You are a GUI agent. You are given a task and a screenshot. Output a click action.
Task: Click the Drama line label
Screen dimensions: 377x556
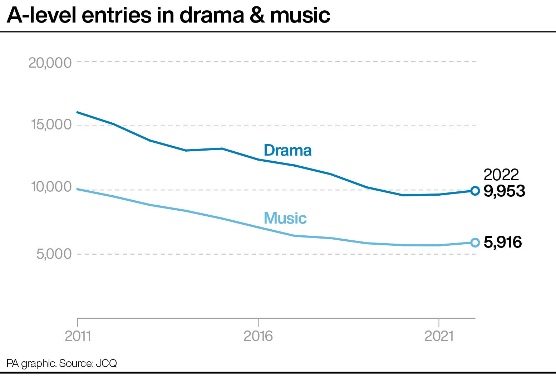click(287, 151)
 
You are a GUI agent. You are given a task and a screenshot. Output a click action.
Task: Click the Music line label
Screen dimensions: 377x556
click(285, 218)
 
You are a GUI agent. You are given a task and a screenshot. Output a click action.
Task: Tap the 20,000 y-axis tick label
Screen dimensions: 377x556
click(50, 63)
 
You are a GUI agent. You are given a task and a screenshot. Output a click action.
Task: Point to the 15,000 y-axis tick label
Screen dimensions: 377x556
click(51, 125)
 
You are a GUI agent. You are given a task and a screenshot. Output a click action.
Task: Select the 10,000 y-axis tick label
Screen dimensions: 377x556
click(51, 187)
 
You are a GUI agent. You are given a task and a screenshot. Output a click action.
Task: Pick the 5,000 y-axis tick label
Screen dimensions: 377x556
click(54, 254)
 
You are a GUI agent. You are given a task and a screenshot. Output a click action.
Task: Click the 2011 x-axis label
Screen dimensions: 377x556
click(78, 336)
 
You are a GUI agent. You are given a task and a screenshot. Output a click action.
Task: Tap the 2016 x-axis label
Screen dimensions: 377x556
click(258, 336)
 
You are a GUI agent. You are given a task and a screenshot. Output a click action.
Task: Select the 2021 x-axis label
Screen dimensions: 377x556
click(439, 336)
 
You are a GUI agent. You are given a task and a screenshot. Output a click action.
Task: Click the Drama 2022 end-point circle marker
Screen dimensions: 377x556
click(475, 191)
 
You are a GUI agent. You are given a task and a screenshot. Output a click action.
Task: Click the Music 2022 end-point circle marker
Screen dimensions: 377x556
click(475, 243)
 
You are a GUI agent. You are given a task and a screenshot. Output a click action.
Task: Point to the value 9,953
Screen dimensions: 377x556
click(504, 191)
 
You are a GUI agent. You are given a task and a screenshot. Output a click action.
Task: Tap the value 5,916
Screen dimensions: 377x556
click(502, 243)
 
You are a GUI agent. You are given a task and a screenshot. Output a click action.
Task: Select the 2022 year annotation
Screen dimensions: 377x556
click(501, 175)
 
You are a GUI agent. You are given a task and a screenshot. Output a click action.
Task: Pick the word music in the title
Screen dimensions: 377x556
click(300, 15)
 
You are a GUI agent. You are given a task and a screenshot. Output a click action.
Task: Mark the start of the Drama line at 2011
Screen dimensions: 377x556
click(78, 112)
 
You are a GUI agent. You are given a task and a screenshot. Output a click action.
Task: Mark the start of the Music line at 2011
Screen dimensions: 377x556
click(78, 189)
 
